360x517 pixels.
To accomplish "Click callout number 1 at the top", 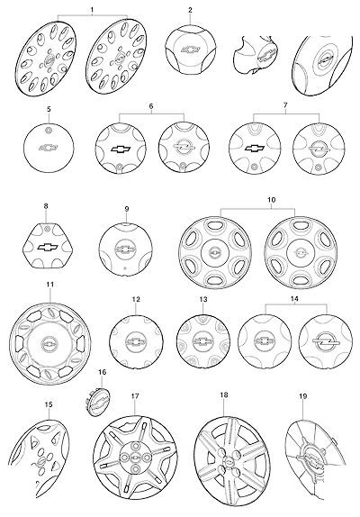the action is point(92,10).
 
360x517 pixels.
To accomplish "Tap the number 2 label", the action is point(190,10).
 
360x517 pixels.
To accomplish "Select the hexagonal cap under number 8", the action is point(48,245).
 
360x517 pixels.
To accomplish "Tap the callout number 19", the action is point(303,396).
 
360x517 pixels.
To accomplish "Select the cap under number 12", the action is point(136,342).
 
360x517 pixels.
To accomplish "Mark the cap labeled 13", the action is point(203,342).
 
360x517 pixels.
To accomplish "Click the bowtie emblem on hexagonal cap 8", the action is point(48,247).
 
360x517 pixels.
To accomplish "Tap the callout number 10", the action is point(272,200).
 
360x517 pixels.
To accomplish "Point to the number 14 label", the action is point(294,299).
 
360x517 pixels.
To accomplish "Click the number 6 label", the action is point(151,106).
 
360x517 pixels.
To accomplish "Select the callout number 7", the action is point(285,105).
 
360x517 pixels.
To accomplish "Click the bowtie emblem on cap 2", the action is point(191,50).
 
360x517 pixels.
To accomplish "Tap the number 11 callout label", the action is point(50,285).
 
